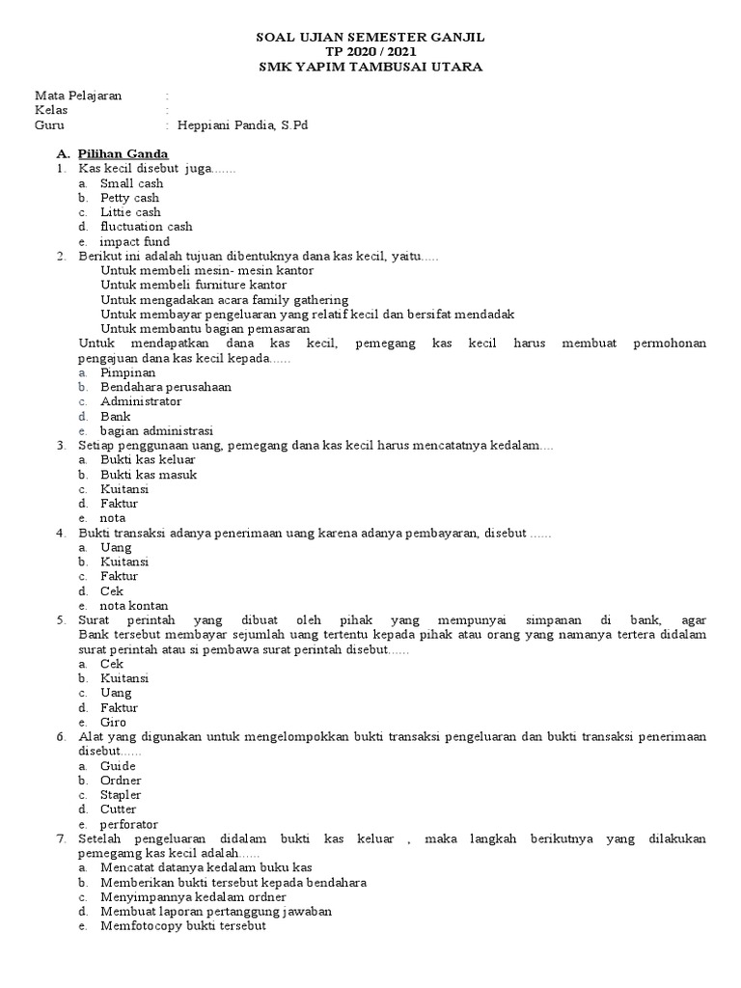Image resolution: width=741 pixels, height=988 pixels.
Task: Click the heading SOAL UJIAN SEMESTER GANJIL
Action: pyautogui.click(x=370, y=37)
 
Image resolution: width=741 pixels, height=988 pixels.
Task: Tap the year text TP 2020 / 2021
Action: pyautogui.click(x=370, y=52)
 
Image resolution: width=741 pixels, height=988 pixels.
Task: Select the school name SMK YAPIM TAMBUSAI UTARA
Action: pyautogui.click(x=370, y=67)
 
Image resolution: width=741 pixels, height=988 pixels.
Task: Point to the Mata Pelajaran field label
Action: pyautogui.click(x=80, y=96)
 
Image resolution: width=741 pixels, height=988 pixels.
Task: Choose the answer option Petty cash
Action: pyautogui.click(x=129, y=198)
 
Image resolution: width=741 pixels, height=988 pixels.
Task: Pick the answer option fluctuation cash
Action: pyautogui.click(x=146, y=227)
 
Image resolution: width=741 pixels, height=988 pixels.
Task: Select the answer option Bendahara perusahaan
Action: pyautogui.click(x=165, y=387)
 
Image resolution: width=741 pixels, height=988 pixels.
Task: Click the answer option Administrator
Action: pyautogui.click(x=140, y=401)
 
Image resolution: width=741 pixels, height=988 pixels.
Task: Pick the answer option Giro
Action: pyautogui.click(x=113, y=722)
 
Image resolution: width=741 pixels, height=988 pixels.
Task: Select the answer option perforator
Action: pyautogui.click(x=129, y=824)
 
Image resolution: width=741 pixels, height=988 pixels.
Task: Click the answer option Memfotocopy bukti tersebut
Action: pyautogui.click(x=182, y=926)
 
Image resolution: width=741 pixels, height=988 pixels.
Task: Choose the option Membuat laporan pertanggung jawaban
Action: pyautogui.click(x=215, y=912)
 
